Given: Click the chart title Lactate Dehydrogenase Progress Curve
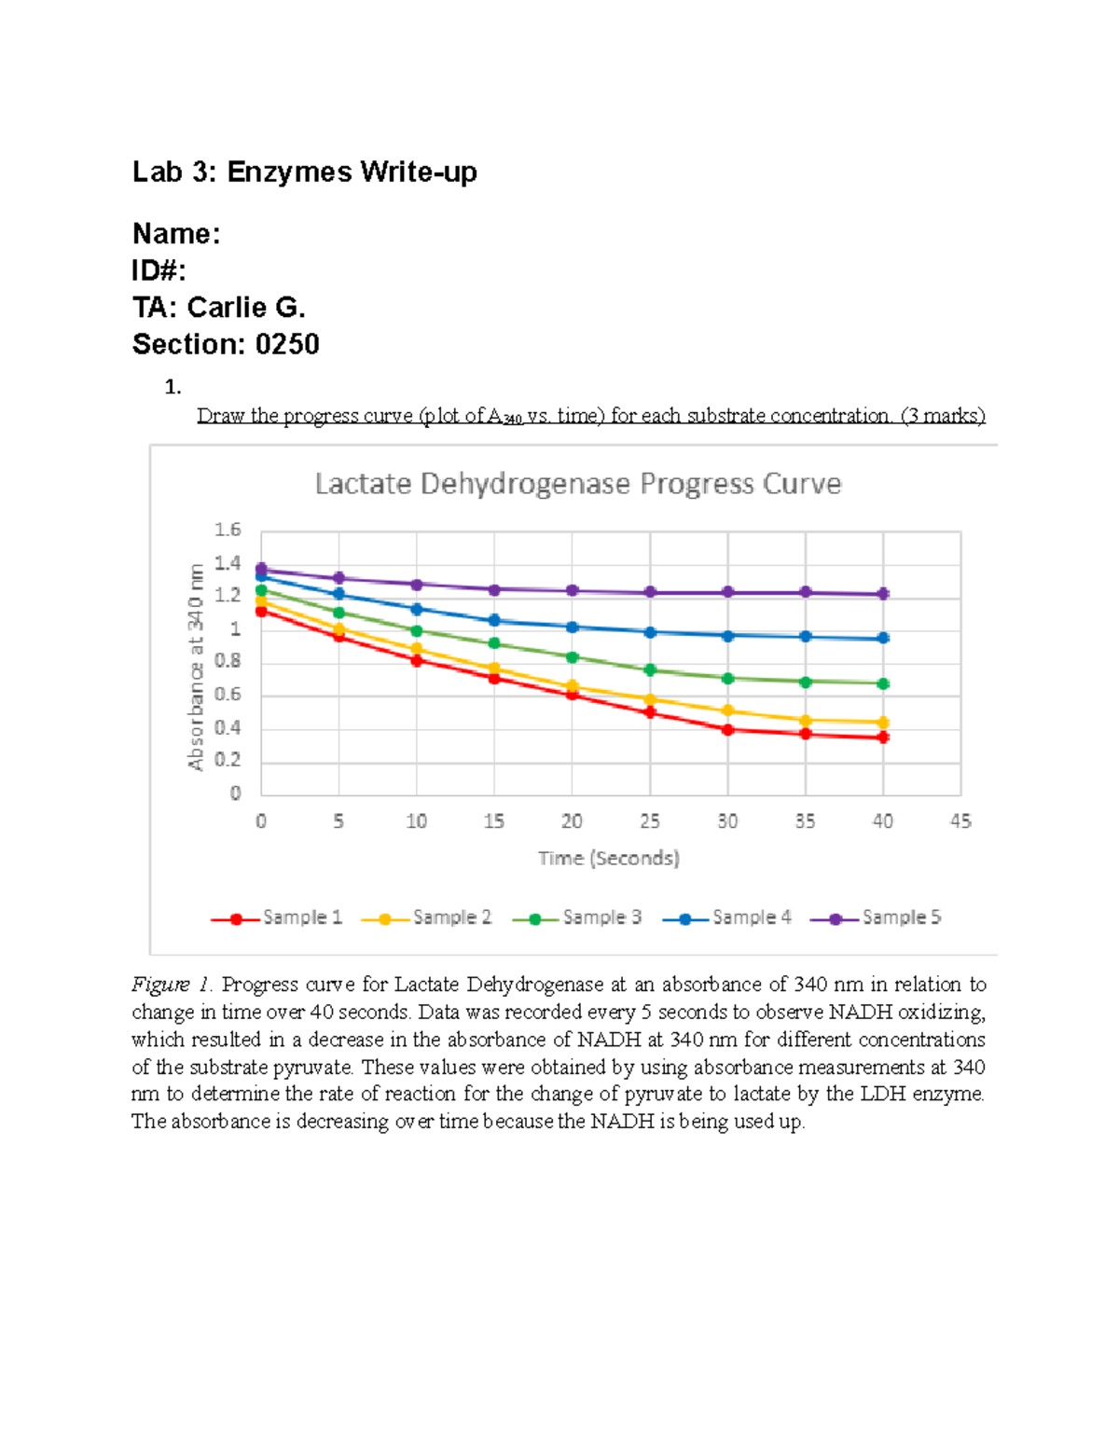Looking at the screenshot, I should pyautogui.click(x=577, y=484).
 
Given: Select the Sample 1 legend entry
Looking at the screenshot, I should pyautogui.click(x=277, y=917).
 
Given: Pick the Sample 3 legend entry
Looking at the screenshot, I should pyautogui.click(x=577, y=917).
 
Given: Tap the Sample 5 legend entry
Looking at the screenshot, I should pyautogui.click(x=877, y=917).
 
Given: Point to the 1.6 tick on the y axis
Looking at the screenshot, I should pyautogui.click(x=228, y=530).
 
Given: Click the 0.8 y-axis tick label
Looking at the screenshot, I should pyautogui.click(x=228, y=661).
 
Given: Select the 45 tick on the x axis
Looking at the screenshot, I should pyautogui.click(x=960, y=821).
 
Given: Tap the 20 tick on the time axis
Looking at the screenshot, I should pyautogui.click(x=572, y=821).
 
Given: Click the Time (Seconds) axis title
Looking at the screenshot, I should pyautogui.click(x=608, y=858).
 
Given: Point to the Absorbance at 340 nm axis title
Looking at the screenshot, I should pyautogui.click(x=196, y=667).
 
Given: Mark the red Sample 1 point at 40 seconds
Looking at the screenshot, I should pyautogui.click(x=883, y=738).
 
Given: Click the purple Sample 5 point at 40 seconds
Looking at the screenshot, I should pyautogui.click(x=883, y=594).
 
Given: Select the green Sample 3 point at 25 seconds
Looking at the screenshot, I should pyautogui.click(x=650, y=670).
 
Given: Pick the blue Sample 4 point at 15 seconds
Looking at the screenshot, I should pyautogui.click(x=494, y=620).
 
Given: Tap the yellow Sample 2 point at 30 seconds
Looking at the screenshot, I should pyautogui.click(x=727, y=711).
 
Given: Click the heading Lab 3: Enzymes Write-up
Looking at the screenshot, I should pyautogui.click(x=305, y=172).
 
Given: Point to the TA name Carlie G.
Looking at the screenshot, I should pyautogui.click(x=246, y=308).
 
